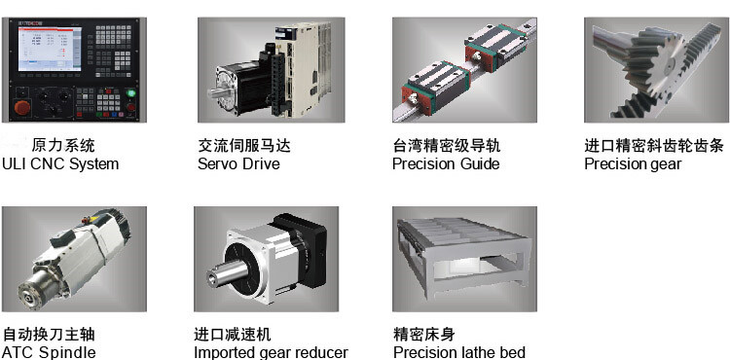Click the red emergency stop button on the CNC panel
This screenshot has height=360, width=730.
coord(21,107)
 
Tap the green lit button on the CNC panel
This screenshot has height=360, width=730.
coord(130,92)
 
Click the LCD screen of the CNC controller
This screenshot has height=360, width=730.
coord(50,49)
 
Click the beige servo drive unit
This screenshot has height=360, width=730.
coord(303,69)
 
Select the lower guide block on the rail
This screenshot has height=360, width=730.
coord(434,86)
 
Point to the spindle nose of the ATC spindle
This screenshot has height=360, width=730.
coord(32,292)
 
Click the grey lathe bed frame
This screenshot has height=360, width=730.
coord(463,257)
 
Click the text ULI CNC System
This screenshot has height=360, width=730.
coord(60,163)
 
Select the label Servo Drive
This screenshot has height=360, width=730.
coord(238,163)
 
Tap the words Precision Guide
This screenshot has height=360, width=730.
coord(446,163)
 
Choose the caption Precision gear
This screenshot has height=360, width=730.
coord(633,164)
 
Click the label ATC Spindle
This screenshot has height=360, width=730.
coord(49,352)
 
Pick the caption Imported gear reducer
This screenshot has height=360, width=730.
coord(271,352)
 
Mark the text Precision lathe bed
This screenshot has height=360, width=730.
coord(459,352)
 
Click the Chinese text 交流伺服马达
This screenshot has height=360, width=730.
coord(244,146)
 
